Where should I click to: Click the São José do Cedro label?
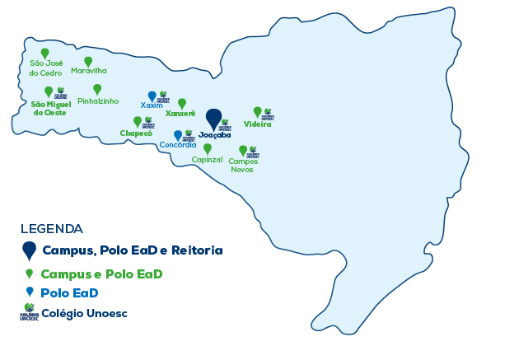[45, 68]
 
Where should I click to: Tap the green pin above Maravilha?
[89, 62]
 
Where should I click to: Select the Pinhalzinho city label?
[98, 101]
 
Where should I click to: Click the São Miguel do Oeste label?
[49, 108]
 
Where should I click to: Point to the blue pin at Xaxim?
[152, 96]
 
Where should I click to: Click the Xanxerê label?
[180, 114]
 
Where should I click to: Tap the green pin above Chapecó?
[138, 122]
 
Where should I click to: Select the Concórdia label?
[178, 145]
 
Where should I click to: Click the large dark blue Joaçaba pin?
[213, 117]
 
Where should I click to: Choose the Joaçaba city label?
[214, 135]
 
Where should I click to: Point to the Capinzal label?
[207, 159]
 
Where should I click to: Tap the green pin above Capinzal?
[207, 148]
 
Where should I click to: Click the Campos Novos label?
[242, 165]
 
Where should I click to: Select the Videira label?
[258, 124]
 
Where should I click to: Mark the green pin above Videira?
[257, 112]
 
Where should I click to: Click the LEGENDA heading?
[51, 228]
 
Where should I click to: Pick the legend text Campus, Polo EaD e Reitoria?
[133, 250]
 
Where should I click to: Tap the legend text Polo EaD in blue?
[70, 292]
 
